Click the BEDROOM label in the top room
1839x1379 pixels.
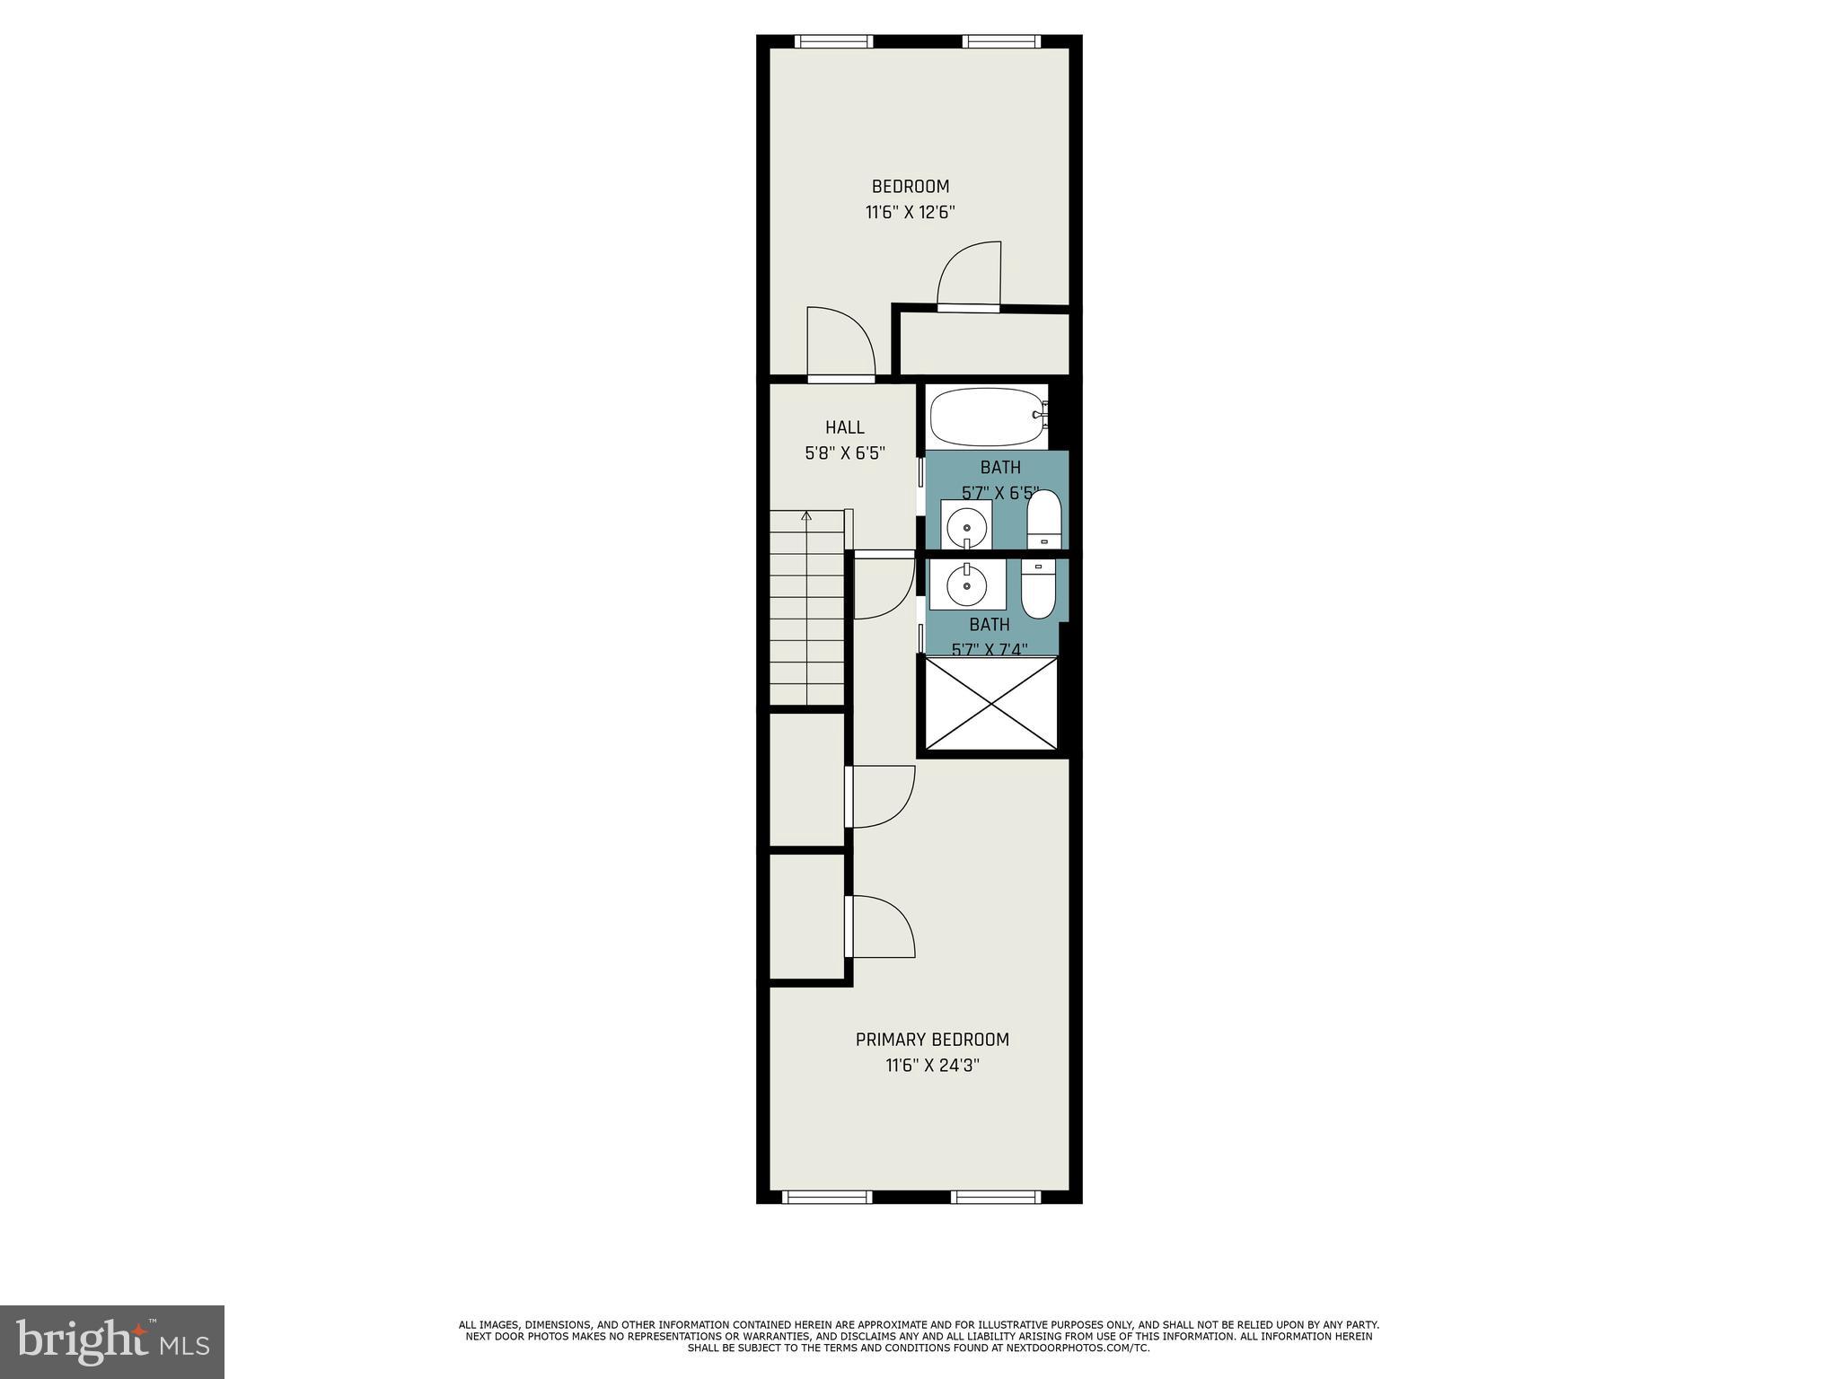coord(910,187)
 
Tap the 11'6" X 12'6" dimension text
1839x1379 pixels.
coord(910,213)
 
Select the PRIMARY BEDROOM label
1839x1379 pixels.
coord(931,1040)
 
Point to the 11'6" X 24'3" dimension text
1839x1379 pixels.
coord(931,1066)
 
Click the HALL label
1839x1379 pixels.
coord(844,428)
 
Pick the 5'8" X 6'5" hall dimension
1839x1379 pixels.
coord(844,454)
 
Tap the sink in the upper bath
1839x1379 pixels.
coord(966,525)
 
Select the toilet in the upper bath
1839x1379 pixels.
coord(1043,520)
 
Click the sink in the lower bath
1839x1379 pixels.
coord(967,584)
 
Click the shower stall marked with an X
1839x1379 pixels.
coord(990,703)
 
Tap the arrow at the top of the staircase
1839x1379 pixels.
coord(806,516)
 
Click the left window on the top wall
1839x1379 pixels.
coord(833,41)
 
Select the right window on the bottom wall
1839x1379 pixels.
coord(995,1197)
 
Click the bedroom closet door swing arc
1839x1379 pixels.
coord(970,274)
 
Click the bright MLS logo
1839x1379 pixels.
coord(112,1341)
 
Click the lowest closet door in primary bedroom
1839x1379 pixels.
coord(882,927)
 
